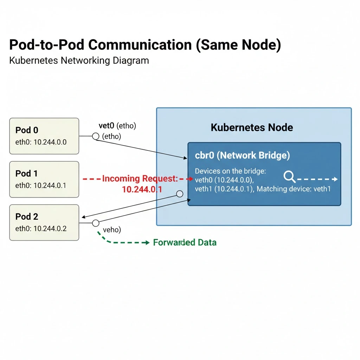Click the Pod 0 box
pos(44,136)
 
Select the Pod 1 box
pos(44,179)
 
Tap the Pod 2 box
pos(44,223)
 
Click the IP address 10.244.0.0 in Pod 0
pos(50,142)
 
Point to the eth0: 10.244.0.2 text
pos(41,229)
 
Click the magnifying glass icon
pos(289,177)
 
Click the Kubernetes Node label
pos(252,127)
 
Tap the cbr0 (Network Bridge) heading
pos(242,155)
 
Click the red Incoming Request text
pos(140,179)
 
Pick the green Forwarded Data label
pos(185,243)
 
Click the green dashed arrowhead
pos(147,243)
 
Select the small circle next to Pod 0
pos(95,136)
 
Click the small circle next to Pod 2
pos(95,223)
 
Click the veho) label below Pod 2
pos(112,230)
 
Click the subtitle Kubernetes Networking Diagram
pos(79,60)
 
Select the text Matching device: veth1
pos(294,189)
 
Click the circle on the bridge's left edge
pos(179,194)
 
